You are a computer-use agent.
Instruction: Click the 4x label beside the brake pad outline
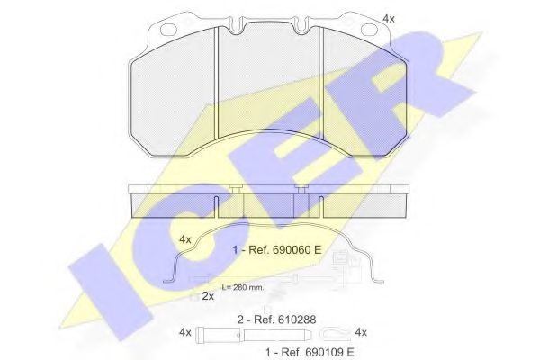tap(389, 19)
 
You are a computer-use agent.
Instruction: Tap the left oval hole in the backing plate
tap(169, 30)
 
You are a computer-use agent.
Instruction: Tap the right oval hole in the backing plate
tap(370, 30)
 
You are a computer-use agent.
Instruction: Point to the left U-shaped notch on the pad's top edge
tap(236, 25)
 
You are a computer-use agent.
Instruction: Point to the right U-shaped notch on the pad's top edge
tap(302, 25)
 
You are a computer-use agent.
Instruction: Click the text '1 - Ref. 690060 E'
tap(276, 249)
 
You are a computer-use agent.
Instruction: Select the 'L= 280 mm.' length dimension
tap(243, 287)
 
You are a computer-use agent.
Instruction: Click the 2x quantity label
tap(208, 296)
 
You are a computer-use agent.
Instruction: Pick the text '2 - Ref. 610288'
tap(276, 319)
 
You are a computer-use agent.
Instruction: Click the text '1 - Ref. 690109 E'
tap(310, 352)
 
